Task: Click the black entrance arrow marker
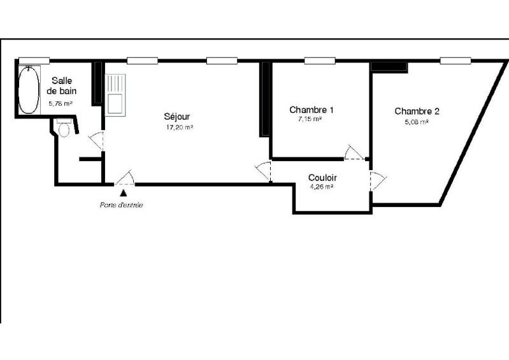point(123,191)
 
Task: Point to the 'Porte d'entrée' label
point(121,205)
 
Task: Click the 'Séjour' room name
point(177,117)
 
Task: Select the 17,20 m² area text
point(178,127)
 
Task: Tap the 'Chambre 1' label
point(312,110)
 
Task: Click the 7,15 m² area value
point(310,119)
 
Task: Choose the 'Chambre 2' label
point(417,111)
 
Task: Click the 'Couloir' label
point(322,178)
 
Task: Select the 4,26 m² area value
point(322,187)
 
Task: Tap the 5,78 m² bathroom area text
point(61,103)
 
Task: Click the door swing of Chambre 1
point(352,152)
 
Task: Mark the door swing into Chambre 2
point(377,181)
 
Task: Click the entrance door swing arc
point(125,178)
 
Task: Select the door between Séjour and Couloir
point(263,171)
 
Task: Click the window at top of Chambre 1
point(319,61)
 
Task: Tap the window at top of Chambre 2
point(455,61)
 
